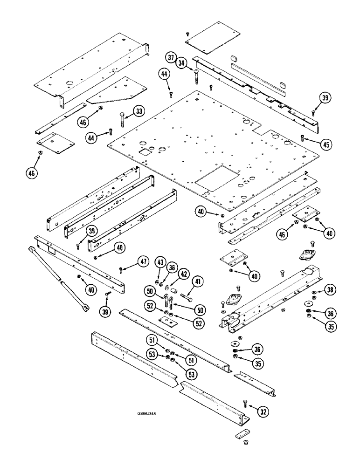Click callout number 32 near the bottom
coord(263,412)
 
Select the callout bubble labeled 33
coord(138,111)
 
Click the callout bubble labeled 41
coord(199,281)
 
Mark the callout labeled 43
coord(160,263)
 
